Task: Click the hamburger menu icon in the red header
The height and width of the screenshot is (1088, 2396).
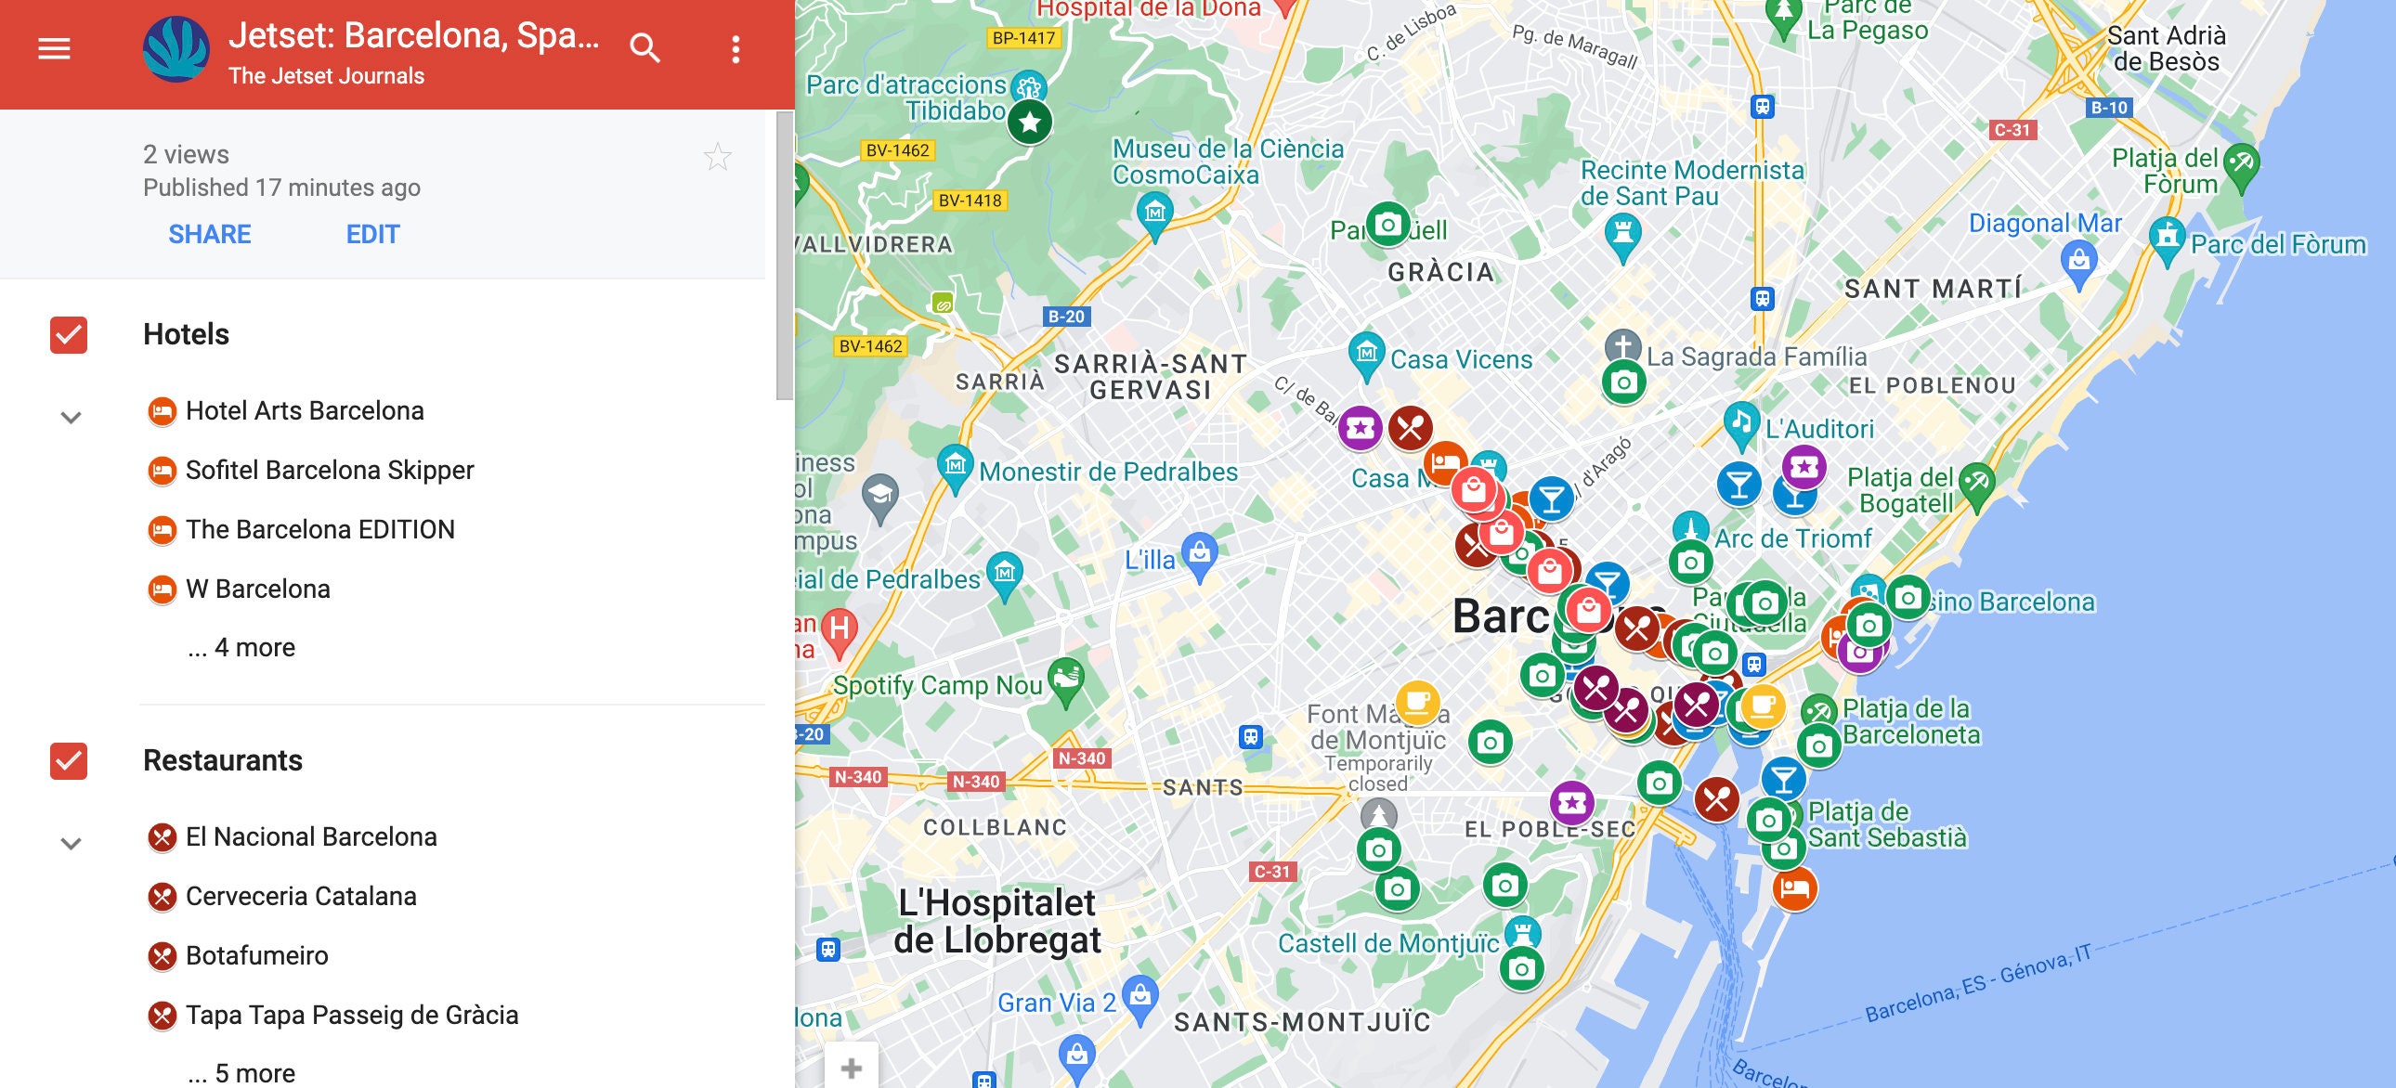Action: click(x=54, y=48)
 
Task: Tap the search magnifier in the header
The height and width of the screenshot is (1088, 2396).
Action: click(x=645, y=48)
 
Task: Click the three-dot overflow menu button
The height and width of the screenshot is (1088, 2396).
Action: click(x=736, y=49)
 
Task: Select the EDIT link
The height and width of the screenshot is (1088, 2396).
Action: click(x=372, y=234)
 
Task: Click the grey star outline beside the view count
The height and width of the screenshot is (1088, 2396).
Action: click(x=717, y=157)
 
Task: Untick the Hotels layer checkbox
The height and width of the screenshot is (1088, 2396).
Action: click(x=69, y=335)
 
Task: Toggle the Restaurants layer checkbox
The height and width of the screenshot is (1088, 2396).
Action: click(x=69, y=760)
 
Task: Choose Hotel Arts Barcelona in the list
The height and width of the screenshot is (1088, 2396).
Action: click(x=305, y=411)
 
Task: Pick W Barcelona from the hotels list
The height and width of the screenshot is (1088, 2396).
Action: click(x=257, y=589)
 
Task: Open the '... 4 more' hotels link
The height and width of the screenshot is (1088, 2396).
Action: click(x=241, y=648)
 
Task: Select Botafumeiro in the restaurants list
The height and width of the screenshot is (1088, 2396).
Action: click(x=256, y=956)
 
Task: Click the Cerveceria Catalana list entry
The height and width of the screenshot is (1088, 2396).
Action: click(x=301, y=897)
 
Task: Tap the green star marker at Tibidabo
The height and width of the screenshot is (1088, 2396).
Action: click(x=1029, y=122)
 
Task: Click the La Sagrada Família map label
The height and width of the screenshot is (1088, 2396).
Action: click(x=1756, y=357)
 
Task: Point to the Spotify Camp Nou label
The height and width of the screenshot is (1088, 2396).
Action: click(x=937, y=685)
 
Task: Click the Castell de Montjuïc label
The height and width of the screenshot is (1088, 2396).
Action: click(x=1387, y=944)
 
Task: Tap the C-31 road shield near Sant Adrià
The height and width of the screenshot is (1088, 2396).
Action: click(x=2012, y=130)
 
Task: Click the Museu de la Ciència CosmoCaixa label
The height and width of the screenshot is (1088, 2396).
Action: click(x=1228, y=162)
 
